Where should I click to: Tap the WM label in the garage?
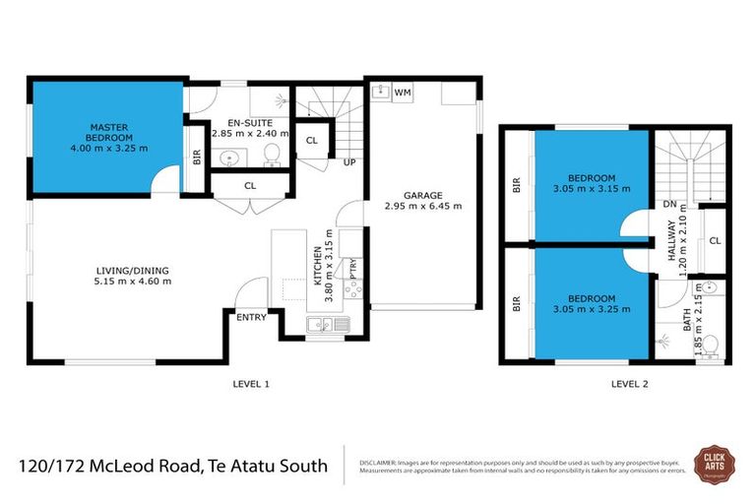click(402, 93)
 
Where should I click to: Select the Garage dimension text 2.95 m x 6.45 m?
click(424, 207)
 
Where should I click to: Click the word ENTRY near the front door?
click(250, 317)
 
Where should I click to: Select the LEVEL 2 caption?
click(629, 383)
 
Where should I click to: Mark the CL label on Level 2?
click(715, 240)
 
